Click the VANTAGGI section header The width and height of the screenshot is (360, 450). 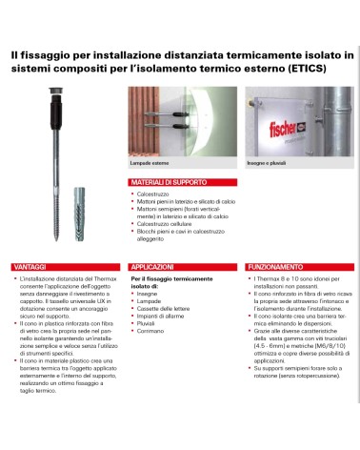(29, 266)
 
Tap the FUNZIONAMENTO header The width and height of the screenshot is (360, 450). (300, 266)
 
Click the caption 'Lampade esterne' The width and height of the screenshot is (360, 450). (148, 165)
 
